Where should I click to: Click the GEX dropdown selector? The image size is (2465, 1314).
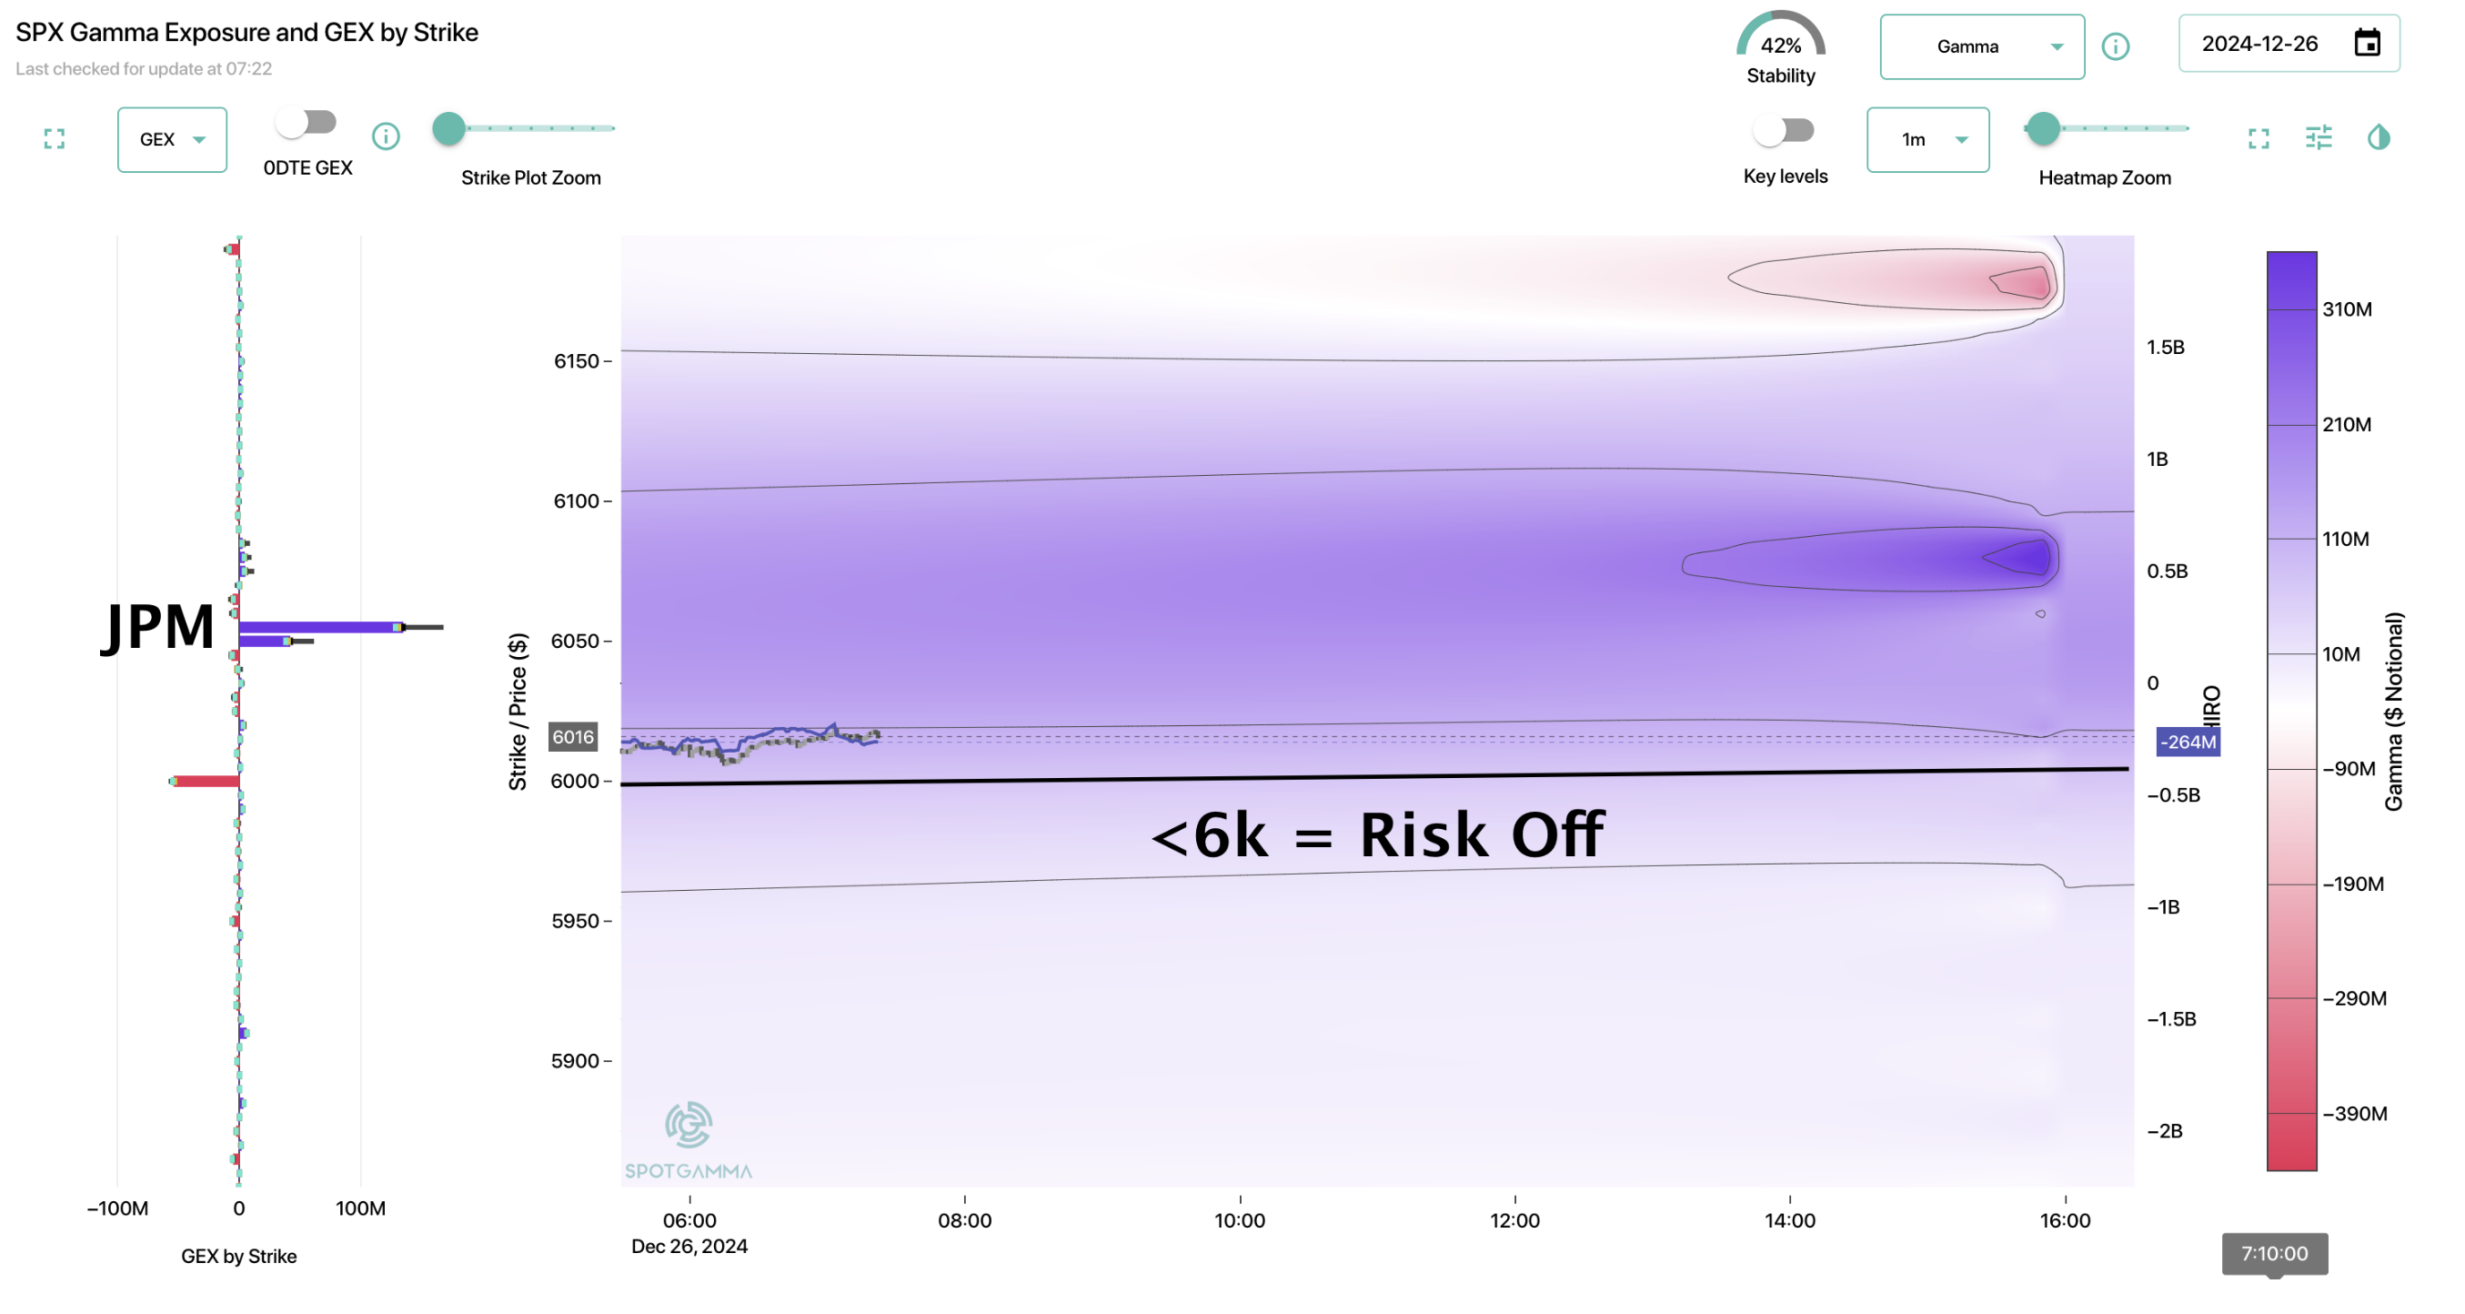[171, 140]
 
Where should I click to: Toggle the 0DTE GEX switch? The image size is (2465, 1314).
[307, 123]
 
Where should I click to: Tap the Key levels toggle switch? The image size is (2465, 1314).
[1784, 130]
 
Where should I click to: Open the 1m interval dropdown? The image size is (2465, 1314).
[1927, 140]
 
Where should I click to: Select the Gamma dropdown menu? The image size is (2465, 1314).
[1981, 47]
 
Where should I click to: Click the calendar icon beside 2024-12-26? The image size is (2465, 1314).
[2367, 43]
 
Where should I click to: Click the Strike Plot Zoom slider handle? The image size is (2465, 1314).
[448, 128]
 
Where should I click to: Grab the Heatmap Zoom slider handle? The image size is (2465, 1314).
[2043, 128]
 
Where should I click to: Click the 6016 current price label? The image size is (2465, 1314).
[572, 737]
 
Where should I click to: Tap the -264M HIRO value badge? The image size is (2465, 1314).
[2188, 742]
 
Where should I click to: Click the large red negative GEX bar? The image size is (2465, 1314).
[206, 781]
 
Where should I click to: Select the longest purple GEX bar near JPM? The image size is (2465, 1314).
[320, 627]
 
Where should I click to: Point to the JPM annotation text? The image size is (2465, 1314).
[158, 627]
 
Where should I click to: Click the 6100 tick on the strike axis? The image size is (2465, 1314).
[576, 501]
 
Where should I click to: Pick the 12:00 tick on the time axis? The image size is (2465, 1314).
[1514, 1220]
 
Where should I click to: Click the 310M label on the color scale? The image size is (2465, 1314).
[2348, 309]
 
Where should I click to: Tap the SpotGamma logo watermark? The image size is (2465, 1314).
[688, 1139]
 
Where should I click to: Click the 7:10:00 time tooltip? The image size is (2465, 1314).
[2274, 1254]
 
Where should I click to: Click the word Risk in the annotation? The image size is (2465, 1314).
[1423, 834]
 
